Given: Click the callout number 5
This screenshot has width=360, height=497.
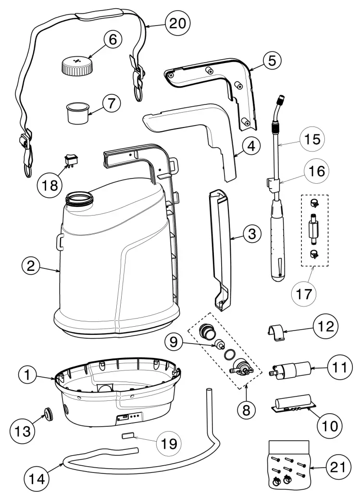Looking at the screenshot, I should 272,61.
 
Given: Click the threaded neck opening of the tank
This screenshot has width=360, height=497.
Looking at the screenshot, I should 79,198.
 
